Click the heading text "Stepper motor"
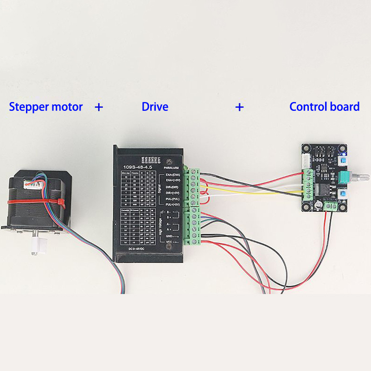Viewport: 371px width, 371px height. [46, 107]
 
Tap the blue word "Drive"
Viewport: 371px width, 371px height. [155, 107]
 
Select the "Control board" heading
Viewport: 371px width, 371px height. [324, 107]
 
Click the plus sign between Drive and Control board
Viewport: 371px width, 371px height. [239, 107]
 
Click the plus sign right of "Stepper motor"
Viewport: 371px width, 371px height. [99, 107]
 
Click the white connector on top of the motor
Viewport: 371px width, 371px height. [37, 184]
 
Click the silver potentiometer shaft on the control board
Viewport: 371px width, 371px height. [361, 177]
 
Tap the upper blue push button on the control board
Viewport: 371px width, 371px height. [343, 160]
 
